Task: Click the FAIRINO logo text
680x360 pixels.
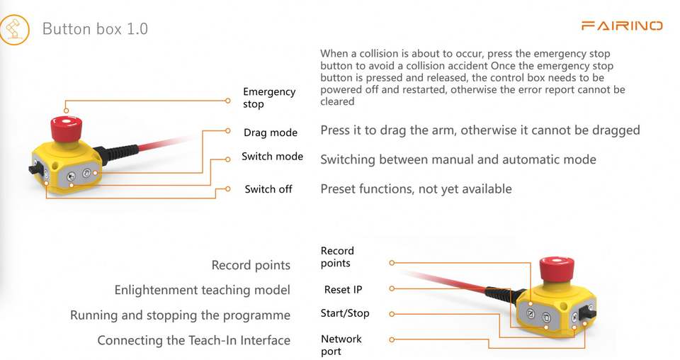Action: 621,26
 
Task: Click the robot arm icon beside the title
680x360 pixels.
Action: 14,29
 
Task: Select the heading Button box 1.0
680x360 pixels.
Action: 95,29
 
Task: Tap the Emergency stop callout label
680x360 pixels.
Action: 268,98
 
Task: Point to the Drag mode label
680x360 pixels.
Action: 270,133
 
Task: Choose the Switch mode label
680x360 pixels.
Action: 272,157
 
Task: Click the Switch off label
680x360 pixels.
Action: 268,189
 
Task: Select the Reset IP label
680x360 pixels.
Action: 343,289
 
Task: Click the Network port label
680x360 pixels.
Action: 341,345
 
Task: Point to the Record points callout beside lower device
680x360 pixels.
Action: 337,257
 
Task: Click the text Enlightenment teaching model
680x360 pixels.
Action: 202,290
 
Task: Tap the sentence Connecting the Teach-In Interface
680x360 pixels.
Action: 193,340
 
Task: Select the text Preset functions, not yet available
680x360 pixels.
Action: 416,189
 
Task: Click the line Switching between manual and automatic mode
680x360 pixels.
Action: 458,159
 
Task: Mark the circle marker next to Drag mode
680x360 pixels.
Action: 227,131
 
